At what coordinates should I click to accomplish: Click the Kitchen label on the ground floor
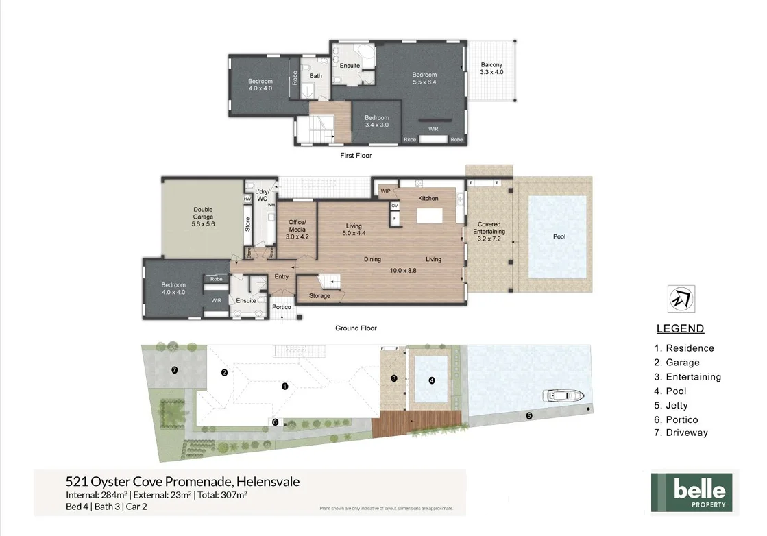coord(428,199)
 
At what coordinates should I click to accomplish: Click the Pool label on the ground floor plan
coord(559,236)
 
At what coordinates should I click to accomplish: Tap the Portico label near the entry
coord(282,307)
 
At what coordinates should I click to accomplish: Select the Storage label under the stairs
coord(319,296)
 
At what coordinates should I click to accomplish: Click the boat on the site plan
coord(563,395)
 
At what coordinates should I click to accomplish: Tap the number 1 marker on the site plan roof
coord(285,387)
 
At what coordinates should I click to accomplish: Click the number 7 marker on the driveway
coord(175,370)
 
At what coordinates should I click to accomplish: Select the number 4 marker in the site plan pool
coord(432,380)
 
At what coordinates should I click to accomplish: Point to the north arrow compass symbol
coord(681,299)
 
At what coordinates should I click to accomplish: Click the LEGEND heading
coord(680,329)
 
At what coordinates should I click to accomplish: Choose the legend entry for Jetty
coord(671,406)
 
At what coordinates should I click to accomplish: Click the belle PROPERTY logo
coord(692,492)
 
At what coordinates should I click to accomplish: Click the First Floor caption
coord(356,156)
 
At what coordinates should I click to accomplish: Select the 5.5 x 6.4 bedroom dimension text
coord(424,82)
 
